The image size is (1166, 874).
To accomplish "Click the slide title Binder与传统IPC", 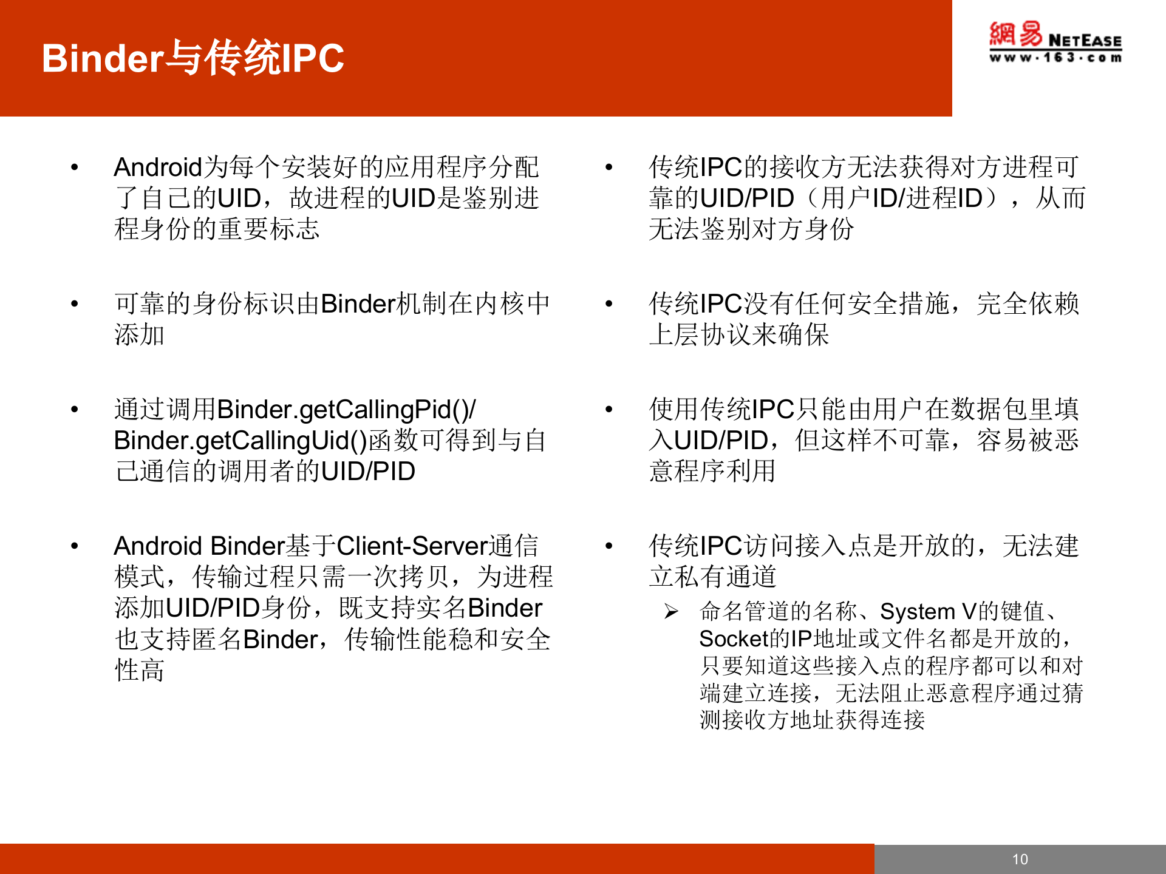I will (x=193, y=58).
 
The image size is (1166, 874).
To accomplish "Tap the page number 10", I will (x=1020, y=859).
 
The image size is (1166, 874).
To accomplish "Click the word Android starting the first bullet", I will (x=157, y=168).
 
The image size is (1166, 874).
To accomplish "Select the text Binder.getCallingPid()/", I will (x=346, y=410).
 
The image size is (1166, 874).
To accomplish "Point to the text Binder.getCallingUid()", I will (x=240, y=441).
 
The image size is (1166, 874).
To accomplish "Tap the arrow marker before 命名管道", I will (x=671, y=611).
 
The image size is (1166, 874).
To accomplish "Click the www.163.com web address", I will (x=1055, y=58).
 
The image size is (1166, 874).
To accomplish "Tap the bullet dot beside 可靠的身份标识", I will (x=75, y=303).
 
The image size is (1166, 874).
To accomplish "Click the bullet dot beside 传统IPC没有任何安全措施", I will (x=609, y=303).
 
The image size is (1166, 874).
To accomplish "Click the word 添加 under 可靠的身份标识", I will (x=140, y=335).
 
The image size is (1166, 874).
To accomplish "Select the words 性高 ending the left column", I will (x=140, y=670).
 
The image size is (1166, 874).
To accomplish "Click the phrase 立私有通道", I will (x=712, y=577).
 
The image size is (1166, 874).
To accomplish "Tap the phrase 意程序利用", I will (x=712, y=471).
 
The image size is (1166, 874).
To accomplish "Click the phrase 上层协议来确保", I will (x=738, y=335).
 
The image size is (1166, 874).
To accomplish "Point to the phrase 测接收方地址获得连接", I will (x=812, y=720).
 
